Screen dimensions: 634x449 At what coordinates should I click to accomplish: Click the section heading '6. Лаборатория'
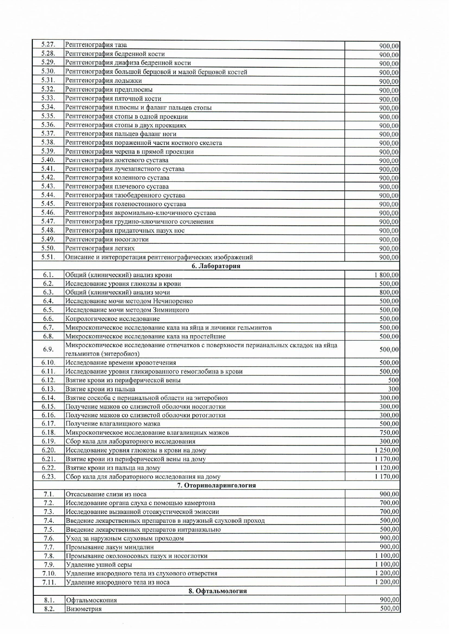(x=216, y=266)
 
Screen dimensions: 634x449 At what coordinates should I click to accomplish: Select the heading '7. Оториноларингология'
(x=216, y=485)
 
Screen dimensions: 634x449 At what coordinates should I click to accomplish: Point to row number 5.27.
(x=48, y=45)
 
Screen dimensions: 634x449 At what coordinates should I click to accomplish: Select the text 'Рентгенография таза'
(x=96, y=45)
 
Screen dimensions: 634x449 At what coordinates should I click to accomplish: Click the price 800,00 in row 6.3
(x=389, y=293)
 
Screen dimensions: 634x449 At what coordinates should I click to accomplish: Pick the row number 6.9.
(x=48, y=349)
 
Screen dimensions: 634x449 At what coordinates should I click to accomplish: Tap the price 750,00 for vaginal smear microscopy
(x=389, y=433)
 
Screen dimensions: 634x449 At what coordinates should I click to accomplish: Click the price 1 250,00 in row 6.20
(x=386, y=450)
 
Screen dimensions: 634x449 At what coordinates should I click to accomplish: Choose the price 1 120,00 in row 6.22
(x=386, y=468)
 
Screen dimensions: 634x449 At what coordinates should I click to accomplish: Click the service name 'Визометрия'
(x=84, y=609)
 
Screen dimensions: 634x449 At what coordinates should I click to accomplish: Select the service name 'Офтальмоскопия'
(x=91, y=600)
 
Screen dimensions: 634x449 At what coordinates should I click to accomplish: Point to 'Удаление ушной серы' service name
(x=99, y=565)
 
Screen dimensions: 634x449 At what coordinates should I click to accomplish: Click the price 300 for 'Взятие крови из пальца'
(x=393, y=389)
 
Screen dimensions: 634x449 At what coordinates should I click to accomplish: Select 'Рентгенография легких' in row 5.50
(x=100, y=249)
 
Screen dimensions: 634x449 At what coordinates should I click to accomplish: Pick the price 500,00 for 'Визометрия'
(x=389, y=609)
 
